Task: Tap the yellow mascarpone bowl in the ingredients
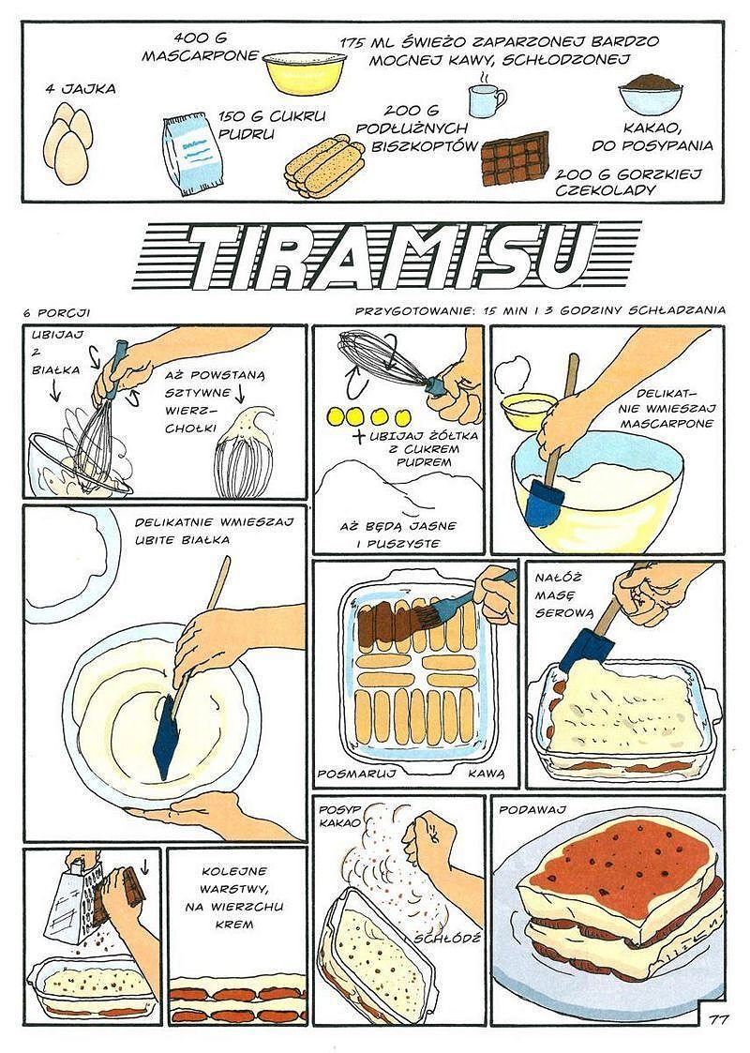(x=305, y=72)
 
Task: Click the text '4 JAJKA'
(x=81, y=89)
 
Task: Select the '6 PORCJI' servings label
(x=56, y=312)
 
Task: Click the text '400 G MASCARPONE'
(x=200, y=47)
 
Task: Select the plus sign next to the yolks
(x=361, y=437)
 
